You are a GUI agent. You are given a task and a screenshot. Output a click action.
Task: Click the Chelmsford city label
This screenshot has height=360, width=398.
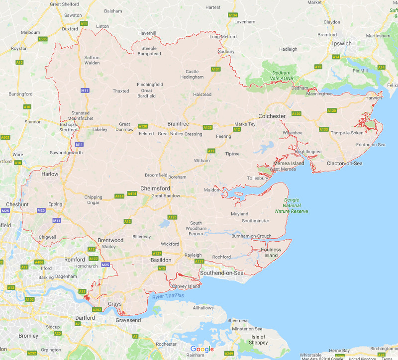point(155,189)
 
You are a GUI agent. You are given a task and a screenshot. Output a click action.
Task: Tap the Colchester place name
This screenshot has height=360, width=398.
point(272,116)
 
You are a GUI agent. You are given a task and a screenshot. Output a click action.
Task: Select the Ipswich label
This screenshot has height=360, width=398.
point(342,44)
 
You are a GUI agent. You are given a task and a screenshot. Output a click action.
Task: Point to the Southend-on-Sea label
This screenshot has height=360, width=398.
point(222,273)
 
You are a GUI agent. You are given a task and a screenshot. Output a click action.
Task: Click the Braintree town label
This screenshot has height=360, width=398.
point(178,124)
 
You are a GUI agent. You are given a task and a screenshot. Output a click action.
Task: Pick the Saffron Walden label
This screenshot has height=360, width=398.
point(92,60)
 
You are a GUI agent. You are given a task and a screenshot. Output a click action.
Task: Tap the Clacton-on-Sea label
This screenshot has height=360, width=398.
point(345,163)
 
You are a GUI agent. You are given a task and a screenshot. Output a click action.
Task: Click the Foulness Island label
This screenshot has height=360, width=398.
point(271,253)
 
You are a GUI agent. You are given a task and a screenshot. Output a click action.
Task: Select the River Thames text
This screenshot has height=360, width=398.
point(168,296)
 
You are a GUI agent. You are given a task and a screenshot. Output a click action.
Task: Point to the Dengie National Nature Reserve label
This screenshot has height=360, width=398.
point(292,205)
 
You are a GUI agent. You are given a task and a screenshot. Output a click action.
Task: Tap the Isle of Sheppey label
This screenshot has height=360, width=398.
point(258,340)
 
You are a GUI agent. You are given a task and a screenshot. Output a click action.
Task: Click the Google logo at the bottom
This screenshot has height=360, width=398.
point(202,349)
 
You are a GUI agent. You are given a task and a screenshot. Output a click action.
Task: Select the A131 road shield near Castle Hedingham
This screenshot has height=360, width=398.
point(215,69)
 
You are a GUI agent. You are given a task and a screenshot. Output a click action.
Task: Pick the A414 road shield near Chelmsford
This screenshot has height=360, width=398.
point(132,193)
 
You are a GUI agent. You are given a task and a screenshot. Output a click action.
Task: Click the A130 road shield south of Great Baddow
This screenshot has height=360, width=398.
point(172,217)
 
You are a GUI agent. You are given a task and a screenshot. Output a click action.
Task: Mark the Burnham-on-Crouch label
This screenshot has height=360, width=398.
point(251,236)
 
